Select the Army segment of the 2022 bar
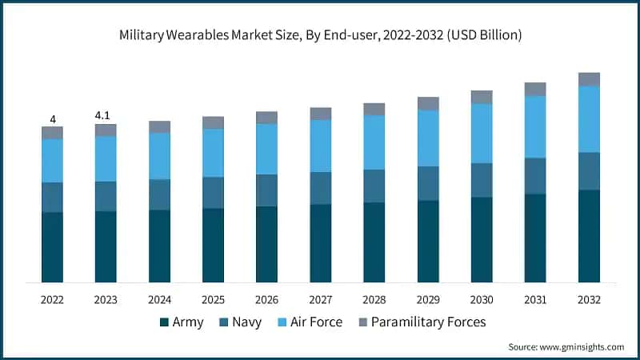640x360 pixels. click(x=53, y=247)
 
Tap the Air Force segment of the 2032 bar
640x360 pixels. click(x=589, y=119)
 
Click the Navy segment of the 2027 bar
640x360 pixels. click(x=321, y=188)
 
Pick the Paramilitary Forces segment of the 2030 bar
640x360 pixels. click(x=482, y=97)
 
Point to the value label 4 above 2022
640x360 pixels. click(x=53, y=120)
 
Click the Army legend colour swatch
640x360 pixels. click(x=165, y=322)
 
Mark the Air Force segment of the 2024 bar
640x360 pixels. click(x=159, y=156)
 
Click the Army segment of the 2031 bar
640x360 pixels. click(x=535, y=238)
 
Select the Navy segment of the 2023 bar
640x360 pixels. click(x=106, y=196)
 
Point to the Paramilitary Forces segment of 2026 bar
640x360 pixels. click(x=266, y=118)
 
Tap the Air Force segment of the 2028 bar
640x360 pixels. click(x=374, y=142)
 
